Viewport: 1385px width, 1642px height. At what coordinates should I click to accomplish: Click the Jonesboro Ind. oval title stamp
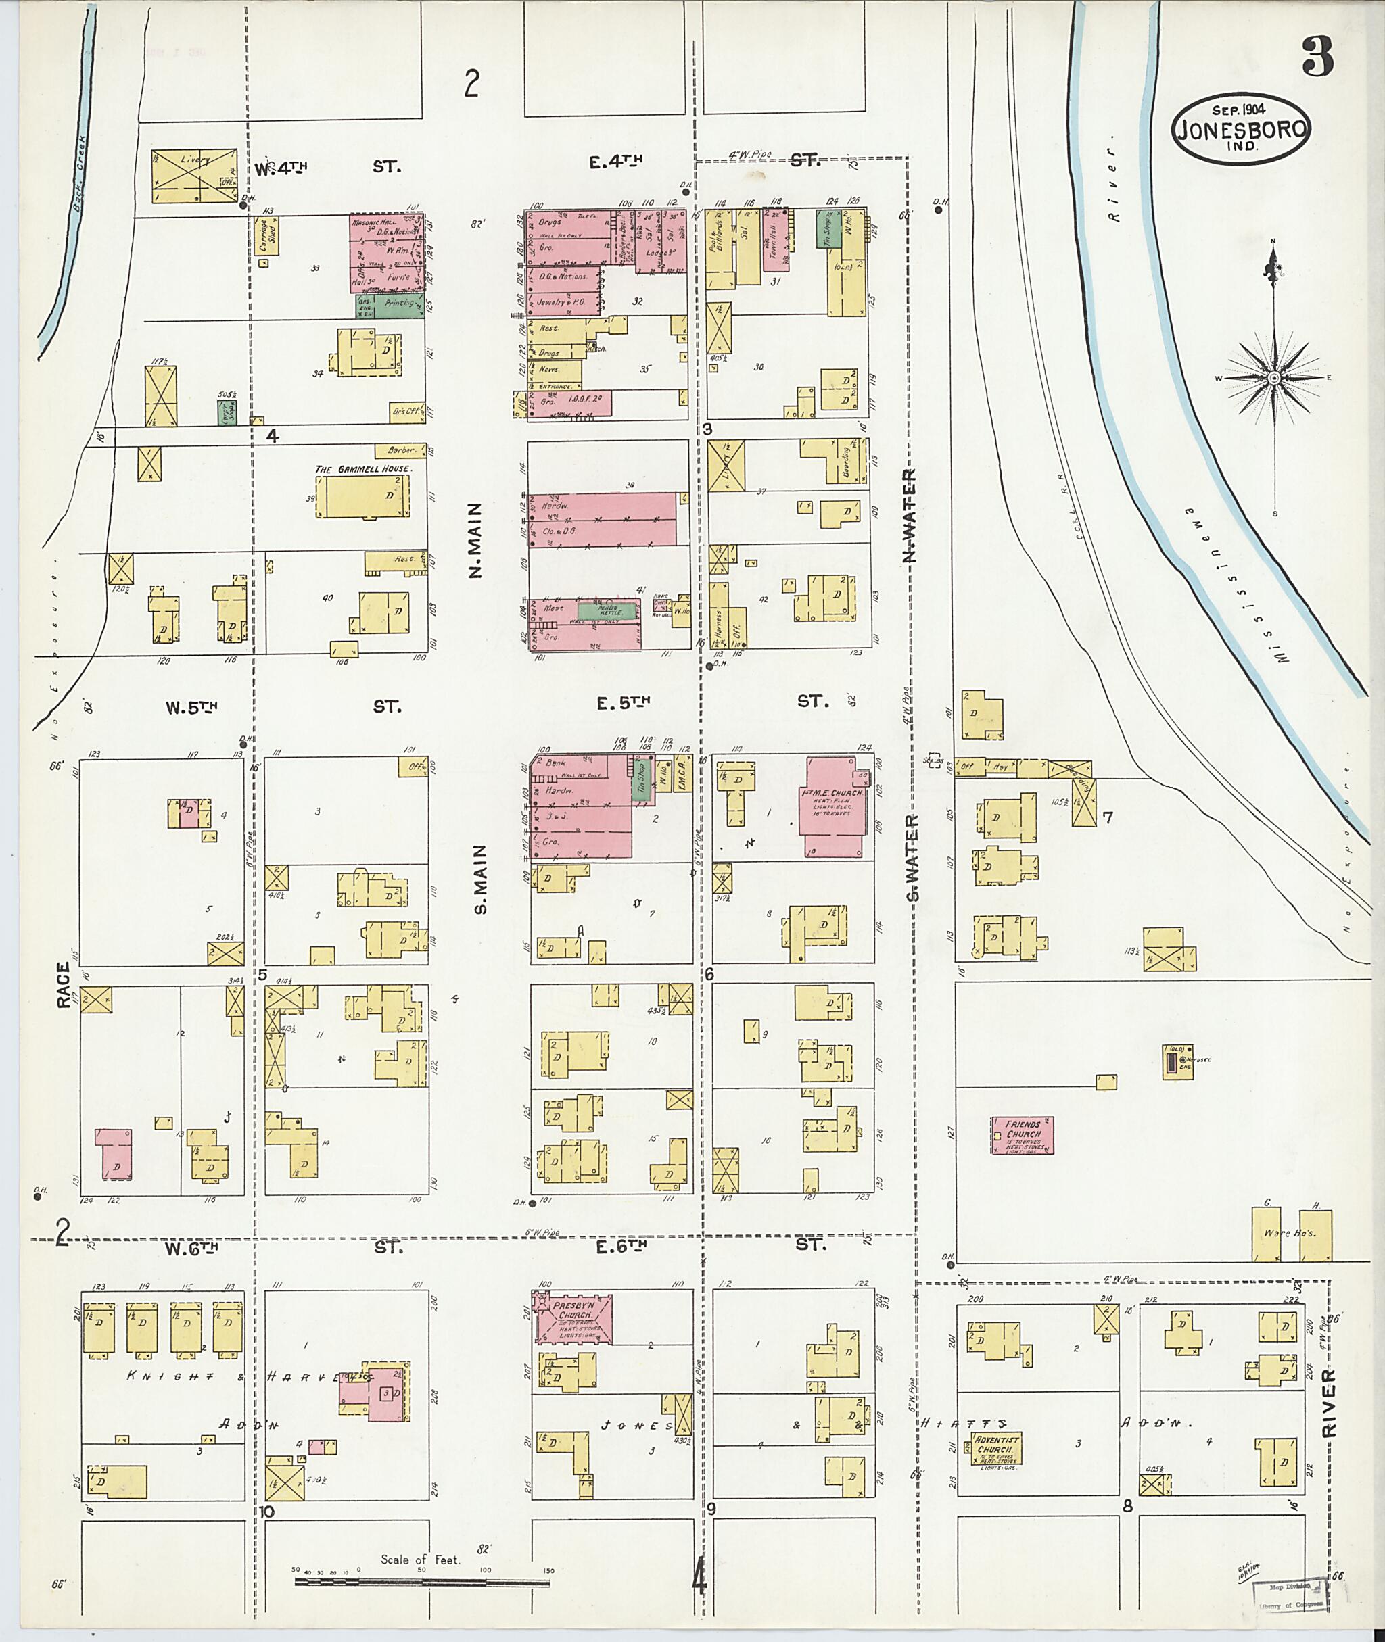click(x=1240, y=130)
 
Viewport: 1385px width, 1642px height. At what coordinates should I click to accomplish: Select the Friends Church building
click(x=1021, y=1136)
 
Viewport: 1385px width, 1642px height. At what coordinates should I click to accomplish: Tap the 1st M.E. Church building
click(x=834, y=807)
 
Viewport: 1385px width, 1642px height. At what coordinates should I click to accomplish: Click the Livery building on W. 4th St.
click(x=195, y=175)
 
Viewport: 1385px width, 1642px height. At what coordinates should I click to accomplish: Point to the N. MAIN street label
click(x=476, y=541)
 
